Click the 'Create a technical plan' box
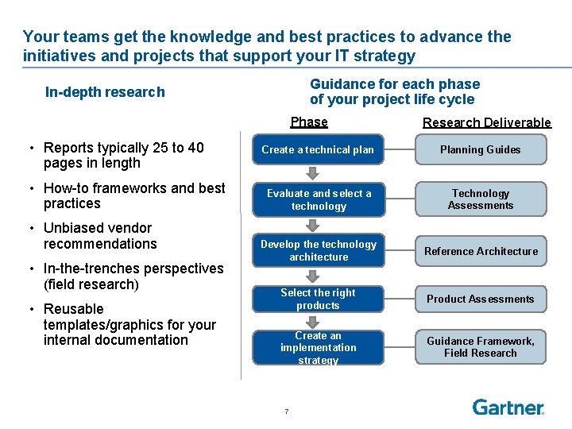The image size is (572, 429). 318,149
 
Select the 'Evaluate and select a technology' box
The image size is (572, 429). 318,199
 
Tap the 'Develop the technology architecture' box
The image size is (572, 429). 318,250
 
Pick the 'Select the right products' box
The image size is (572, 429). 318,299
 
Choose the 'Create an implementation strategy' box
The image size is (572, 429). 318,348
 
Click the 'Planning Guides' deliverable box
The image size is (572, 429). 481,149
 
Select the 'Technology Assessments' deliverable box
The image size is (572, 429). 481,199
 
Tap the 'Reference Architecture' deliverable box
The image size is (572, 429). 481,251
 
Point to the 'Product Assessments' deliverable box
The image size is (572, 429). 481,299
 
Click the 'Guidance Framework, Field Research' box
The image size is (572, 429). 481,347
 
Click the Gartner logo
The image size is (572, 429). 508,407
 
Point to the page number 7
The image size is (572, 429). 286,411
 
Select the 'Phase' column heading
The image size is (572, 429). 309,122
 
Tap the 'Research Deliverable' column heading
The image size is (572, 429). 486,122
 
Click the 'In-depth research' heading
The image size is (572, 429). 105,92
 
